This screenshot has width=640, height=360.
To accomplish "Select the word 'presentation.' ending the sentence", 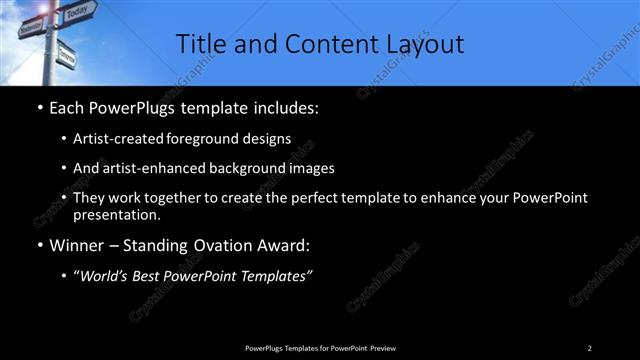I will click(117, 215).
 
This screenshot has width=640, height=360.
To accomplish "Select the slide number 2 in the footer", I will click(590, 347).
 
